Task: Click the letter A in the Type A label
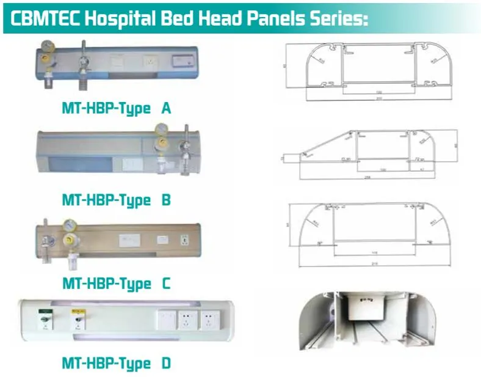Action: (x=165, y=109)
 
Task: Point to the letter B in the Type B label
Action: (x=166, y=200)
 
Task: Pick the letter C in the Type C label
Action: (x=165, y=284)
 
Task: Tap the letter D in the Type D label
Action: (x=166, y=364)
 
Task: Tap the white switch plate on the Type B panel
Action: (x=130, y=163)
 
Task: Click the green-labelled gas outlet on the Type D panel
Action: (x=45, y=318)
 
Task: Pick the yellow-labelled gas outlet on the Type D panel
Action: (x=77, y=318)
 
